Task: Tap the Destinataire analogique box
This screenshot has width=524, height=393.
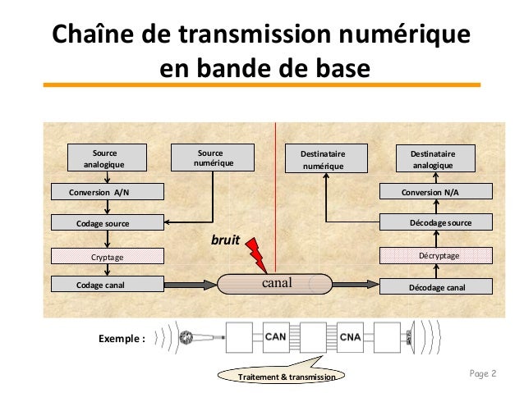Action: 437,158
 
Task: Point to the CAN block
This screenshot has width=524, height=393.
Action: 277,336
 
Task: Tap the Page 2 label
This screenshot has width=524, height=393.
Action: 484,374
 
